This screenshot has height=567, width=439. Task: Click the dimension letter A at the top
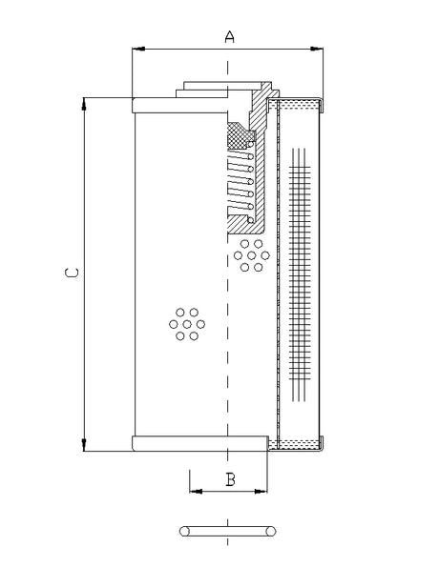[229, 36]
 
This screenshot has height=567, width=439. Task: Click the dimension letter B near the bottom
[230, 478]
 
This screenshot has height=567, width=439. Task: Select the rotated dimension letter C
[70, 273]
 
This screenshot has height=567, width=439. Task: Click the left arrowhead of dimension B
[195, 492]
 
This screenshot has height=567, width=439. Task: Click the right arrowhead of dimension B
[263, 492]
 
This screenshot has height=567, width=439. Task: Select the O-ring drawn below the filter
[229, 529]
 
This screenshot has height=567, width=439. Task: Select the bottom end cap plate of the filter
[200, 443]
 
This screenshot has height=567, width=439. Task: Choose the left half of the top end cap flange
[153, 104]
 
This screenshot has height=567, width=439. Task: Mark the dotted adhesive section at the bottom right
[298, 443]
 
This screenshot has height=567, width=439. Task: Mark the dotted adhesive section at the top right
[298, 103]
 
